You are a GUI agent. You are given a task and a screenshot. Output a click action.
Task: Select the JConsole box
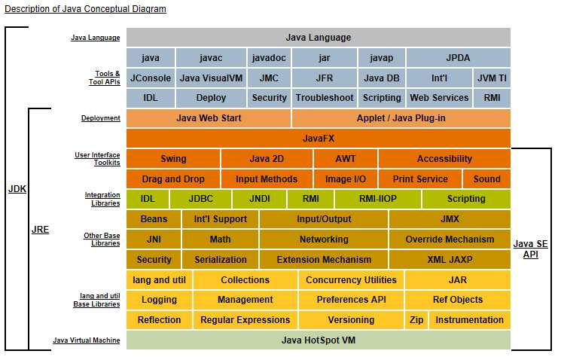pos(151,78)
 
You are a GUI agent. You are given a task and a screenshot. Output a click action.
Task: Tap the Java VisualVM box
pos(211,78)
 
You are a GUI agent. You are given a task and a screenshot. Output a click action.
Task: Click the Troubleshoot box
pos(325,98)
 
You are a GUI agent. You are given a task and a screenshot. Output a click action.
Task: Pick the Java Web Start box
pos(209,118)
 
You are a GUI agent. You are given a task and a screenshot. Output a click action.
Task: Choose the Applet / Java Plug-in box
pos(401,118)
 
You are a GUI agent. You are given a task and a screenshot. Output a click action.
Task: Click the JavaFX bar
pos(319,139)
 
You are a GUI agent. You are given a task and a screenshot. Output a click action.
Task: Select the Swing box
pos(173,159)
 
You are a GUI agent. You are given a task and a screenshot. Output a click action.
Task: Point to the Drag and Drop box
pos(172,179)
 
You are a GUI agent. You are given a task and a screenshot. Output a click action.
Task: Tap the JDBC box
pos(200,199)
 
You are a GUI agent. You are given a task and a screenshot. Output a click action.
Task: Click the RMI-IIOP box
pos(378,199)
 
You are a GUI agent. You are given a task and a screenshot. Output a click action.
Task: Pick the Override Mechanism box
pos(450,239)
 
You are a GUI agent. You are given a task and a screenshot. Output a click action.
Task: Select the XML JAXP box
pos(450,260)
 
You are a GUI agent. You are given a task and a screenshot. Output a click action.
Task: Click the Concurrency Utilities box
pos(351,280)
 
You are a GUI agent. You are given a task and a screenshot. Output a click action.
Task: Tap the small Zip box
pos(416,320)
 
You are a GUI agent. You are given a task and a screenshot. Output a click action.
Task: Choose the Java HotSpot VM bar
pos(319,340)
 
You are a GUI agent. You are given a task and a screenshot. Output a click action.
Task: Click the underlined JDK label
pos(17,189)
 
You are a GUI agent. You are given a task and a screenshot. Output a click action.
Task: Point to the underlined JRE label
pos(40,229)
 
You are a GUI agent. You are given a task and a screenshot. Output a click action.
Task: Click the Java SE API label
pos(531,249)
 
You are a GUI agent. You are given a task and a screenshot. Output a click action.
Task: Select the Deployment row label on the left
pos(100,118)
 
